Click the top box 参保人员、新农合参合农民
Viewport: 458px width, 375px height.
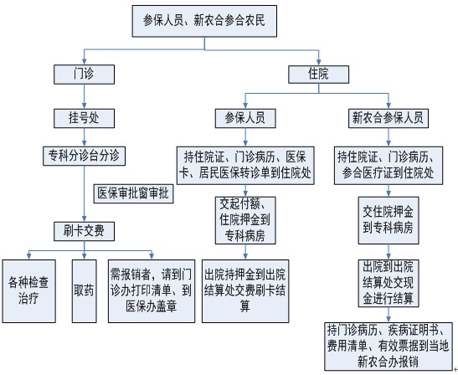pos(204,21)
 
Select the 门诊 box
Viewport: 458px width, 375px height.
pos(84,74)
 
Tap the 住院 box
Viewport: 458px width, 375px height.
pos(319,74)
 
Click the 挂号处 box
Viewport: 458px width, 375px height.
pos(84,118)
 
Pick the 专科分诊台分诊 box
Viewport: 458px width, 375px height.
pos(84,156)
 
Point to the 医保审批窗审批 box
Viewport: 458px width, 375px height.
pos(133,193)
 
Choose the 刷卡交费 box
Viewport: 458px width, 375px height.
pos(84,231)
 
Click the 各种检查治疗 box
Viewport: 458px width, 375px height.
pos(29,291)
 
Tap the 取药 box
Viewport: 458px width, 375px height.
pos(85,291)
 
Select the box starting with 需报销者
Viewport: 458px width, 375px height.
pos(152,291)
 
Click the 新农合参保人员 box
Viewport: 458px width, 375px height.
pos(389,118)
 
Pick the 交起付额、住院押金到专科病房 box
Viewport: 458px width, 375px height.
pos(245,220)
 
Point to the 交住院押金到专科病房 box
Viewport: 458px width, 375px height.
pos(389,220)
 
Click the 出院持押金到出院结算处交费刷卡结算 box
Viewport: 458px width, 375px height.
pos(245,291)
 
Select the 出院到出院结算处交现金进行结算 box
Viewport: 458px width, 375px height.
pos(389,283)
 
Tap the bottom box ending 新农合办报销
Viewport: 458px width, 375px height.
pos(389,347)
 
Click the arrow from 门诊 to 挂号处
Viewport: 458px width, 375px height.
pos(84,96)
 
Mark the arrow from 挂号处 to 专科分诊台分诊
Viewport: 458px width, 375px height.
pos(84,137)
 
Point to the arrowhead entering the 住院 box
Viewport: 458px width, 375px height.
pos(319,62)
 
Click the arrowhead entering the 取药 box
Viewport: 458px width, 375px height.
pos(84,256)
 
